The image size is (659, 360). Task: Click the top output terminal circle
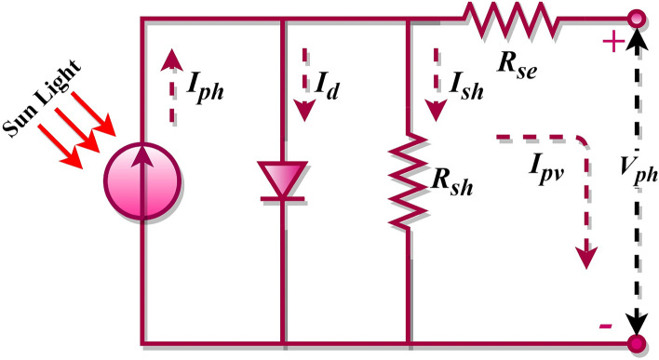(637, 19)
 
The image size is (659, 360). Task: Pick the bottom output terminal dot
(637, 343)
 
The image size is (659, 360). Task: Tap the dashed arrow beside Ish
(434, 87)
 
